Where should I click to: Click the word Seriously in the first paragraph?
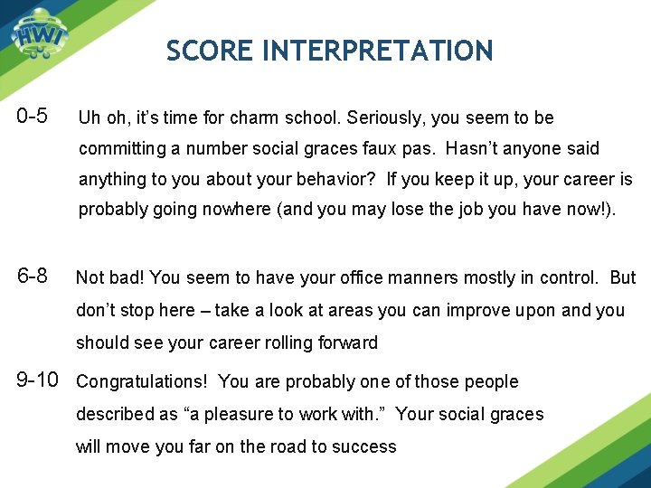tap(391, 118)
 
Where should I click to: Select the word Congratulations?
tap(143, 381)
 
